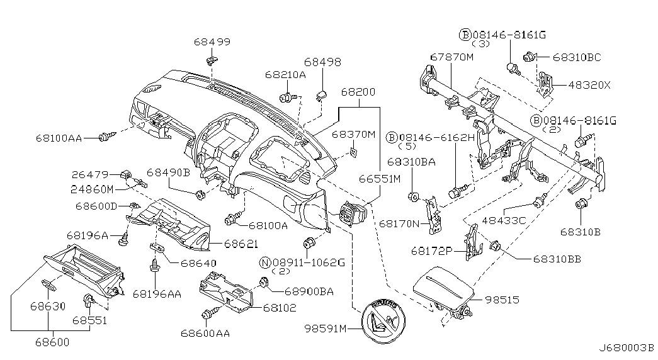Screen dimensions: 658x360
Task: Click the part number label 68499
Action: (x=212, y=42)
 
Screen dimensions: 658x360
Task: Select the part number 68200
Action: (x=358, y=91)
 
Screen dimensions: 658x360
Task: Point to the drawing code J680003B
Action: (x=626, y=348)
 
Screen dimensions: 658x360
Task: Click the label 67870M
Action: (x=451, y=57)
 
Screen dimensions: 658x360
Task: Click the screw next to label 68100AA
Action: (x=106, y=137)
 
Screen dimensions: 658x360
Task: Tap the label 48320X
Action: (x=589, y=85)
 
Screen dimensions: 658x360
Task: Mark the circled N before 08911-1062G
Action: (x=265, y=262)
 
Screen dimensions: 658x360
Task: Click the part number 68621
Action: (x=241, y=244)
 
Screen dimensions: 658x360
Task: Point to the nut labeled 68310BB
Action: (x=495, y=245)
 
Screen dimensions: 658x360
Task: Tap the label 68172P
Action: (x=431, y=251)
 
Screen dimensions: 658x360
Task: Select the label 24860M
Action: (x=92, y=189)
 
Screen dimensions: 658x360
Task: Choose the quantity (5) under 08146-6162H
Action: (x=406, y=146)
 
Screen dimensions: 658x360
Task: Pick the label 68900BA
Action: (x=309, y=291)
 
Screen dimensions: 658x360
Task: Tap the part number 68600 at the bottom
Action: (x=52, y=342)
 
